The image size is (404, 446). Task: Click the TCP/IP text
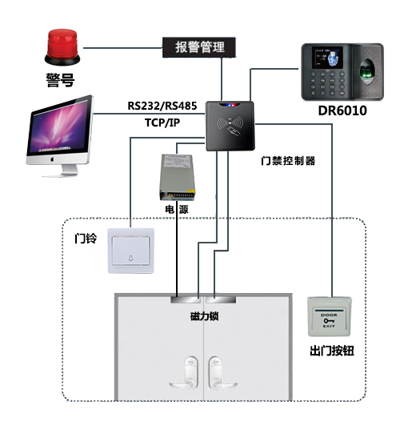(x=163, y=123)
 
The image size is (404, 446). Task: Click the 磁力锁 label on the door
(x=204, y=316)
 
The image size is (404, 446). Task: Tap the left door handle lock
(x=190, y=368)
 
